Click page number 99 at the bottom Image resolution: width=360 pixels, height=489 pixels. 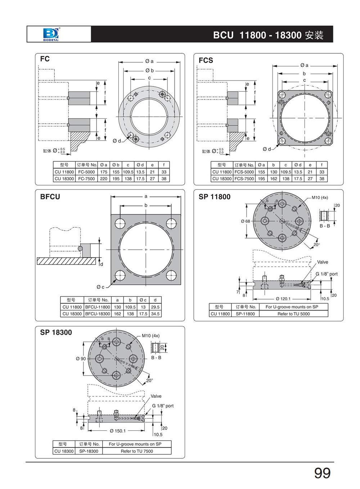[322, 473]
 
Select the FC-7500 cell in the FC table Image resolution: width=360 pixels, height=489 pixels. [86, 179]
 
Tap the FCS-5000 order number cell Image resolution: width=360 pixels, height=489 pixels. [244, 172]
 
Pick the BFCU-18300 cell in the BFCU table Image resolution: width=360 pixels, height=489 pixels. [97, 314]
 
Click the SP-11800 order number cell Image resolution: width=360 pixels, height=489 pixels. [245, 314]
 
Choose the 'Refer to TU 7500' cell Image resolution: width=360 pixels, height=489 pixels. [137, 451]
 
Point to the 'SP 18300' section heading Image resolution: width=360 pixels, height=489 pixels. [56, 333]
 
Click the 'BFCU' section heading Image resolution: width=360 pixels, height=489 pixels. [50, 197]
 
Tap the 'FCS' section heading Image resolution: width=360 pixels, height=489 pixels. [206, 61]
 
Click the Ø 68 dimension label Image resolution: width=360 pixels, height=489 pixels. [245, 221]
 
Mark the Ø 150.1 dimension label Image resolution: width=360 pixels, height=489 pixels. [117, 431]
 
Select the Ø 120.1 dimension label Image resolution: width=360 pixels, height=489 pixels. [283, 299]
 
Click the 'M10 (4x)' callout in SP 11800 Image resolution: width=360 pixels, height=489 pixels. [320, 197]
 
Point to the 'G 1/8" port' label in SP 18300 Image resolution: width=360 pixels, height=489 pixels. [162, 406]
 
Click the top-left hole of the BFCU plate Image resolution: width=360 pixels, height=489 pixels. [120, 223]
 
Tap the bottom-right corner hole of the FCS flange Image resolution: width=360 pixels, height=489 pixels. [328, 141]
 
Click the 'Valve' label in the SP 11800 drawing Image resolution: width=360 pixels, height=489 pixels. [323, 262]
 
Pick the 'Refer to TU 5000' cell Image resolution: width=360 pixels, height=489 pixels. [293, 314]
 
